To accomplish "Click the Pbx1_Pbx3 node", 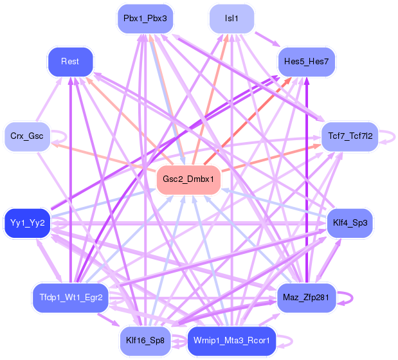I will click(145, 19).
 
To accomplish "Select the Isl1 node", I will click(231, 19).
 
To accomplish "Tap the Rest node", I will click(70, 62).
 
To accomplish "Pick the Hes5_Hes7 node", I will click(306, 62).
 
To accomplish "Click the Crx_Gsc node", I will click(27, 136).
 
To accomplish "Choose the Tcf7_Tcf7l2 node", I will click(349, 136).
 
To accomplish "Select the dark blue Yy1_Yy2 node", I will click(27, 223).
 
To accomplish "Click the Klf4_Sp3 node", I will click(349, 223).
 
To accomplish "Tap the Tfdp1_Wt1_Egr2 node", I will click(70, 298).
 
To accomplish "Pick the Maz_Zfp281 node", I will click(306, 298).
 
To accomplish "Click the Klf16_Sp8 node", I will click(145, 340).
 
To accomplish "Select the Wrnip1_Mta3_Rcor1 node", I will click(231, 340).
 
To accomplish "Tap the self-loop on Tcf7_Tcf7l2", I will click(388, 136).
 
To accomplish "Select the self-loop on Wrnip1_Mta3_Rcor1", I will click(287, 340).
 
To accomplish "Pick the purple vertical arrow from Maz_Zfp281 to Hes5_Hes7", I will click(306, 180).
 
